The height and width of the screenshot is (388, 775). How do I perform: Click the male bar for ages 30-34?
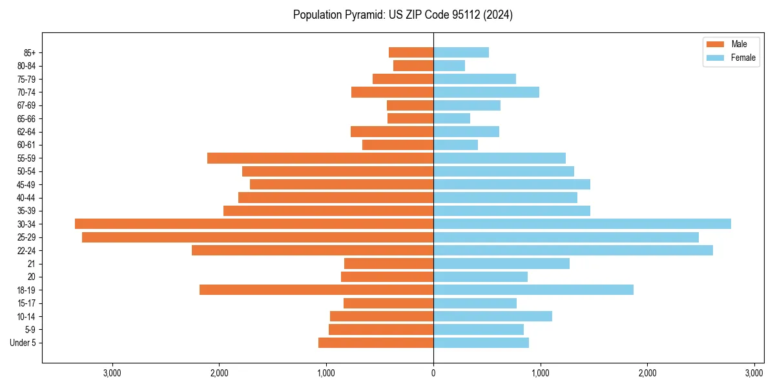tap(254, 224)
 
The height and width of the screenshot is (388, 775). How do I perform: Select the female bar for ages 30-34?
tap(582, 224)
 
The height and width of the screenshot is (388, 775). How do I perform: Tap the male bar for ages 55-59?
tap(320, 158)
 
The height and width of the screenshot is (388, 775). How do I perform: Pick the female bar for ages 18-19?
tap(533, 290)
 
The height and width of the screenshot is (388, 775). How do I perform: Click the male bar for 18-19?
tap(316, 290)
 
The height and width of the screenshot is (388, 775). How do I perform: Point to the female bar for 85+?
tap(460, 52)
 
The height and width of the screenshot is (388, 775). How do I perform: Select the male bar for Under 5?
tap(376, 343)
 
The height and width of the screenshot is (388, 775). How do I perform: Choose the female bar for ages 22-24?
tap(573, 250)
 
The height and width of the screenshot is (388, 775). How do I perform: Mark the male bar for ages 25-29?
tap(258, 237)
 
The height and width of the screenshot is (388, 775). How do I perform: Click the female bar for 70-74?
tap(486, 92)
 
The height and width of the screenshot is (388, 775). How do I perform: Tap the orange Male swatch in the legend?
tap(716, 44)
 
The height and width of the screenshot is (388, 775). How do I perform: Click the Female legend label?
tap(743, 58)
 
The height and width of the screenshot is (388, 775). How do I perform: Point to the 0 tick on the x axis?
tap(433, 372)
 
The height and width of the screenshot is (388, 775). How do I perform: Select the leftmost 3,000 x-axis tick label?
tap(112, 372)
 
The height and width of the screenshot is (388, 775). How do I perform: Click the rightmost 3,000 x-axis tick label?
tap(754, 372)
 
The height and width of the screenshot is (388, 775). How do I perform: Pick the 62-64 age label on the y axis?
tap(26, 132)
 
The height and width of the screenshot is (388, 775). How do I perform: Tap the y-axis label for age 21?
tap(32, 264)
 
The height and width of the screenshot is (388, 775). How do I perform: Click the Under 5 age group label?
tap(23, 343)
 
